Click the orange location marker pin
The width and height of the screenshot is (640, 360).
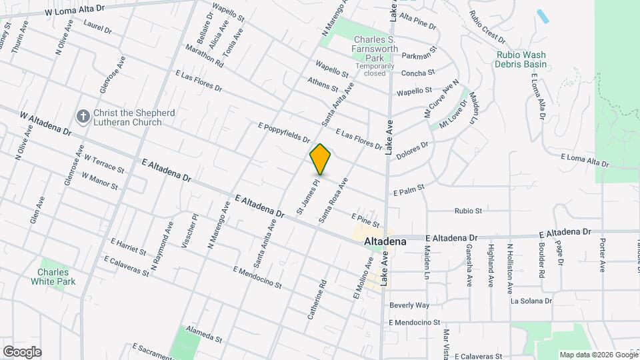pos(321,159)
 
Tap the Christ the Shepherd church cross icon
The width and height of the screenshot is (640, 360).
pos(83,117)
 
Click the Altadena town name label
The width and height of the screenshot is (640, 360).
pos(386,243)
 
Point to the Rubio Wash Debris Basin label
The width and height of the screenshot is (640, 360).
pos(521,60)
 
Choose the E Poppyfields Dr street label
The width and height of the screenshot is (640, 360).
pos(284,133)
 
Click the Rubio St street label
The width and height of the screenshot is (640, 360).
pos(468,211)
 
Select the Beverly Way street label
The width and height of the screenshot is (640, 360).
pos(409,305)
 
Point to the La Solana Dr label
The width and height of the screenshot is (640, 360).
pos(531,301)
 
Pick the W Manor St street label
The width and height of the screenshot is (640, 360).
pos(100,181)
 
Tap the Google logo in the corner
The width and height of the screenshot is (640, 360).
pos(22,352)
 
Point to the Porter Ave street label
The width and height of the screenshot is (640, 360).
pos(602,255)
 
